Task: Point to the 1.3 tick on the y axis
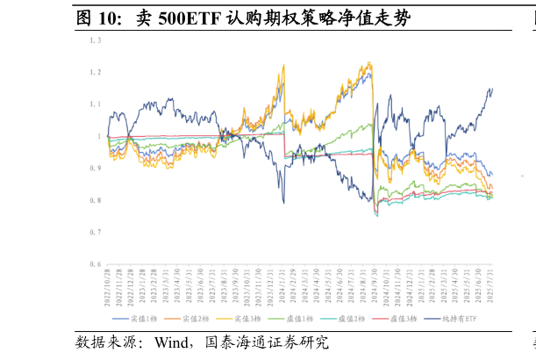point(95,40)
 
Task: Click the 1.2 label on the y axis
point(95,72)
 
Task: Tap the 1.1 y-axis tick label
point(95,104)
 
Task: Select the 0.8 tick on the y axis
point(95,200)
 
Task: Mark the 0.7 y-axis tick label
point(95,232)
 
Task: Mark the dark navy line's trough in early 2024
point(283,202)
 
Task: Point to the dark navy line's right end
point(492,88)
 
